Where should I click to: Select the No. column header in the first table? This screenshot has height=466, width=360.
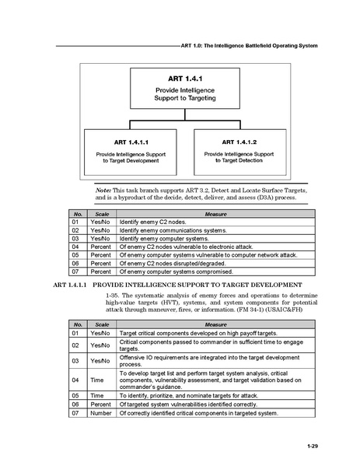(77, 213)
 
